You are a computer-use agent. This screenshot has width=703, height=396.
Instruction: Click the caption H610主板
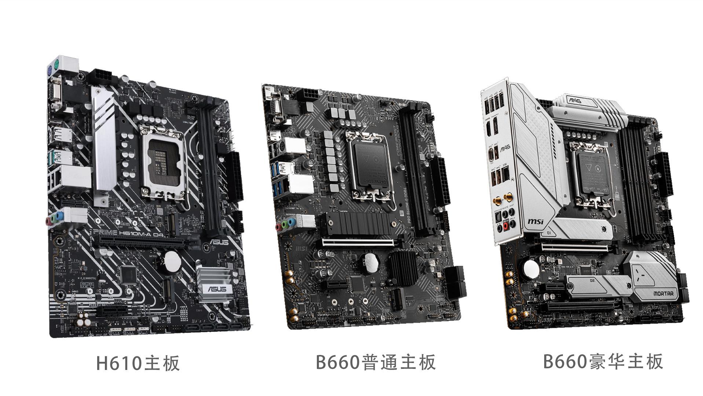coord(138,363)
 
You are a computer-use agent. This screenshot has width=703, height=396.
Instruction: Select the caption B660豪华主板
coord(603,361)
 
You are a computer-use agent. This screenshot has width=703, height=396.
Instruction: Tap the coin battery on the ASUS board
coord(171,261)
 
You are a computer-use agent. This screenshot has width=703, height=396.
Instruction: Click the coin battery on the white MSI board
coord(530,269)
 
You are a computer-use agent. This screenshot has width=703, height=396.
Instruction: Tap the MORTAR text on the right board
coord(663,294)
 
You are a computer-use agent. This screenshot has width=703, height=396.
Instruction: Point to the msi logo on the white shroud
coord(535,222)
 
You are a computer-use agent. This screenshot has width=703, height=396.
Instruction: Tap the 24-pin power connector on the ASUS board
coord(235,176)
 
